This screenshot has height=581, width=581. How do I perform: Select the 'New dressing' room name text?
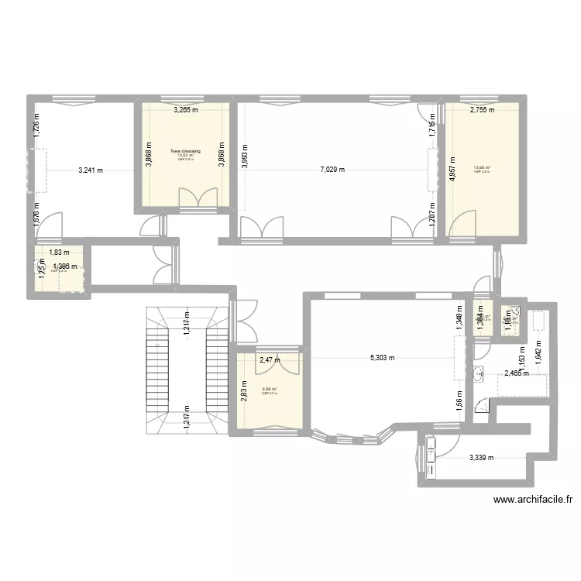[x=185, y=152]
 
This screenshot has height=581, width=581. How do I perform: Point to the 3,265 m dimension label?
[x=184, y=110]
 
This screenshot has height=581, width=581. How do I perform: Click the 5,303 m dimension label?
[x=382, y=358]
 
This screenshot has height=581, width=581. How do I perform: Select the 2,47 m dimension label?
[x=269, y=359]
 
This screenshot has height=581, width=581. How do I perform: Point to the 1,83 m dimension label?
[x=60, y=253]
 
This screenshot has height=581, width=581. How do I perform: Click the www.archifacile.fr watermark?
[x=531, y=500]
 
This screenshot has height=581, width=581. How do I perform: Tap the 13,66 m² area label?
[x=482, y=168]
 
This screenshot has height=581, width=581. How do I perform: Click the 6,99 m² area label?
[x=270, y=390]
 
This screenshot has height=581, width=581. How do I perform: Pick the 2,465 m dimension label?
[x=517, y=373]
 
